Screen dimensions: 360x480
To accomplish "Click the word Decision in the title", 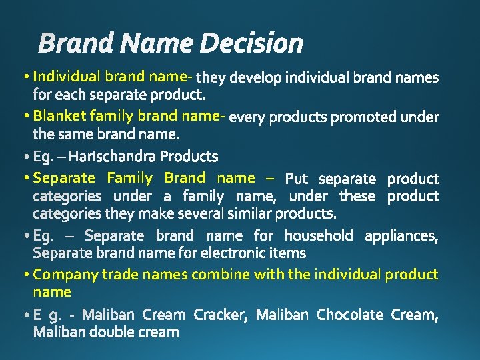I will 251,44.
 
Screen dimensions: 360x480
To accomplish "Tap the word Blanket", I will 59,116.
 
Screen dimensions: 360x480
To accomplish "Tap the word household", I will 319,235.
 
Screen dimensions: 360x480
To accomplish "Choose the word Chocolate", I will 350,314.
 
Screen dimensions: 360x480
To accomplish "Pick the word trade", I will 123,274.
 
